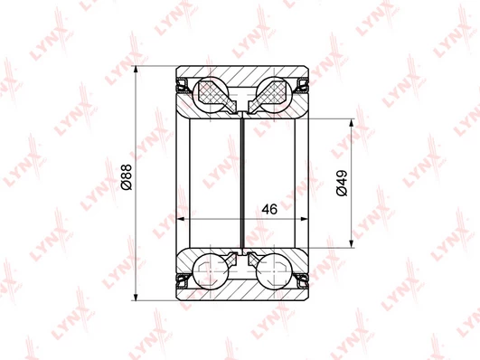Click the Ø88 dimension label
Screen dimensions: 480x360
tap(127, 176)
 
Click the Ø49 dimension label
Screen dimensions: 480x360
tap(342, 183)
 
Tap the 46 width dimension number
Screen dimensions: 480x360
tap(269, 209)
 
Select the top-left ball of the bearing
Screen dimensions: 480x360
tap(212, 95)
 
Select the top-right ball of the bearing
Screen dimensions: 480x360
tap(274, 95)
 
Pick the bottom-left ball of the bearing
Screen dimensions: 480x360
tap(212, 270)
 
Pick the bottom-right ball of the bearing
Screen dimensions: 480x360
tap(274, 270)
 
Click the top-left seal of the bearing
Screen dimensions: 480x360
tap(184, 86)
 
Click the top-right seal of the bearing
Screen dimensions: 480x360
tap(301, 86)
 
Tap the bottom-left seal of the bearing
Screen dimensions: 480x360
tap(184, 280)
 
